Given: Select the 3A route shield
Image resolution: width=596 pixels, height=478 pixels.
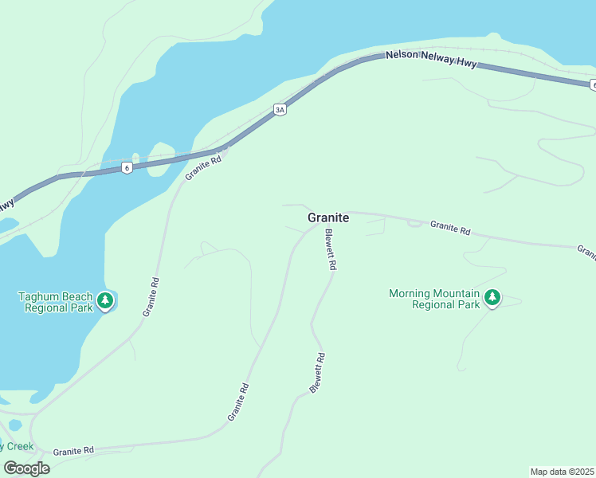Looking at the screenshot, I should (280, 110).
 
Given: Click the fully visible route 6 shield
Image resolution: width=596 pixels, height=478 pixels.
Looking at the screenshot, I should (127, 167).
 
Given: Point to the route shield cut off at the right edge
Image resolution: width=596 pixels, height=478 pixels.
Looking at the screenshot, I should (593, 84).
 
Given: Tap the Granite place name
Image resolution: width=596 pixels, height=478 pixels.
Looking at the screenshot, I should (328, 217).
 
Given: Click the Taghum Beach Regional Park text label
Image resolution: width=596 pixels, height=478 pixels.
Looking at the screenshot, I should (55, 302).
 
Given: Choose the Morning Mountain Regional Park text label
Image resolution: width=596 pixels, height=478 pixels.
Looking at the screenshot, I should (434, 299).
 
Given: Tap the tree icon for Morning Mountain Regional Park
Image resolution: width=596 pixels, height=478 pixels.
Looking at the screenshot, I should (492, 298).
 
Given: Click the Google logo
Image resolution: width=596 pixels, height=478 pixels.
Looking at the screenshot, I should (26, 468).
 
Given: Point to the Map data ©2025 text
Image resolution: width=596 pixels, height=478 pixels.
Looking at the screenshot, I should (563, 471).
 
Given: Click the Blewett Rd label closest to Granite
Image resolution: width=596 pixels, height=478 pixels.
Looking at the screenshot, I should (331, 250).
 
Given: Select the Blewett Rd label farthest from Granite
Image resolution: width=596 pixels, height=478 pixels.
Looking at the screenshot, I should (317, 373).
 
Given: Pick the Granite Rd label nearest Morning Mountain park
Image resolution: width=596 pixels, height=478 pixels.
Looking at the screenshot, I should (450, 227).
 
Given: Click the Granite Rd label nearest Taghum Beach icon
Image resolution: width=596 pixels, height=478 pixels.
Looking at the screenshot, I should (151, 297).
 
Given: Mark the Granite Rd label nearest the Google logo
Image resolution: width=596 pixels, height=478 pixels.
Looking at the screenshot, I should (73, 451).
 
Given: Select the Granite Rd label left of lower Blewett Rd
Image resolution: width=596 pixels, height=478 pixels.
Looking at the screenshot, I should (238, 402).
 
